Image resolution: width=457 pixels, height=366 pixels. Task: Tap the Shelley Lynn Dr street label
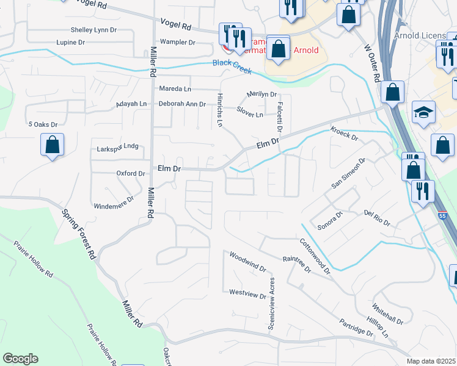click(93, 29)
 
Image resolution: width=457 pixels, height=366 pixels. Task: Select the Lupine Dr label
click(70, 43)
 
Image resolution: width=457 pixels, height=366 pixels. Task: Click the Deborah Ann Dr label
click(182, 104)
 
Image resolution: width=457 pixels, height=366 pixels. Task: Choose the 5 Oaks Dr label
click(43, 124)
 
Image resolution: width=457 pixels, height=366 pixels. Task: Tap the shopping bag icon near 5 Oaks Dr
click(53, 146)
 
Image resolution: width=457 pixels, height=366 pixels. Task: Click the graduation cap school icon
click(423, 112)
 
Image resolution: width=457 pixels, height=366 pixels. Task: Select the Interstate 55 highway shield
click(442, 215)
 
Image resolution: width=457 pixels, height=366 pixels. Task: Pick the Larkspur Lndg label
click(118, 147)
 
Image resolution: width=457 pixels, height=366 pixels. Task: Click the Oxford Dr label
click(130, 173)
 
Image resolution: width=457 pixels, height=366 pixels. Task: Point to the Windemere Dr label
click(114, 203)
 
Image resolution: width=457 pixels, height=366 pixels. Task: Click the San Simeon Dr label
click(348, 173)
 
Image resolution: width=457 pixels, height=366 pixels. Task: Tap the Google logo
click(20, 359)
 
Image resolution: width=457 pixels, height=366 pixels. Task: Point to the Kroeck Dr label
click(344, 134)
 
